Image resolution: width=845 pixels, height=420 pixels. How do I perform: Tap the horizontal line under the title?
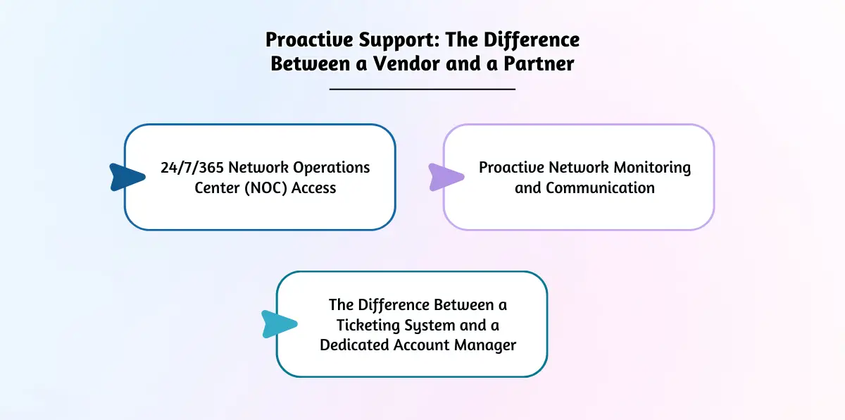click(x=423, y=89)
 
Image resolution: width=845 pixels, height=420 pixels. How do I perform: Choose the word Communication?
click(x=600, y=187)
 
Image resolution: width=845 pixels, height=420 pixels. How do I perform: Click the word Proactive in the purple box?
click(x=510, y=168)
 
